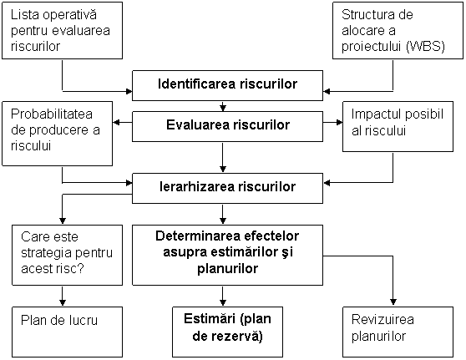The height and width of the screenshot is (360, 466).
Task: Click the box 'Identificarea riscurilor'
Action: pos(227,86)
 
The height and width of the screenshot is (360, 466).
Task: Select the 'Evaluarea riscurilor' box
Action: pos(227,126)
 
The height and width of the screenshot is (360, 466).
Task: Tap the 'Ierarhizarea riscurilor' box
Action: pos(227,188)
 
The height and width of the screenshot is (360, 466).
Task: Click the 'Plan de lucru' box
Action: pos(67,332)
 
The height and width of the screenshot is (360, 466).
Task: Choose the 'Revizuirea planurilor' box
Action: pos(398,332)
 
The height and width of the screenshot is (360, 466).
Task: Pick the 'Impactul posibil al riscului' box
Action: pos(398,127)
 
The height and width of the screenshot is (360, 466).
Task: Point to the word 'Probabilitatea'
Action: pos(52,114)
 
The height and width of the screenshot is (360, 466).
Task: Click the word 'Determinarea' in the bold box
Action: pos(198,236)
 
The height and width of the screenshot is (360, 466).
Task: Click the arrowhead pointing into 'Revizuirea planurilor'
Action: pos(393,302)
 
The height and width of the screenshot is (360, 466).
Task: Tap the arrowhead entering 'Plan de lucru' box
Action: pos(62,302)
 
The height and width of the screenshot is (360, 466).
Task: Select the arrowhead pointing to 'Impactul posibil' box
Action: pos(339,122)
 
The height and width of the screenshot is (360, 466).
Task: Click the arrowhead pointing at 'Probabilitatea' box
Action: pos(117,122)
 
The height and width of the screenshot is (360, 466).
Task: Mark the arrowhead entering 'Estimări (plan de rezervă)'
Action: pos(223,302)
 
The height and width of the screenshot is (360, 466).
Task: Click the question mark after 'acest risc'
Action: pos(80,268)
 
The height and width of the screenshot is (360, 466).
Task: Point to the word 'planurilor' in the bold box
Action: pos(227,269)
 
